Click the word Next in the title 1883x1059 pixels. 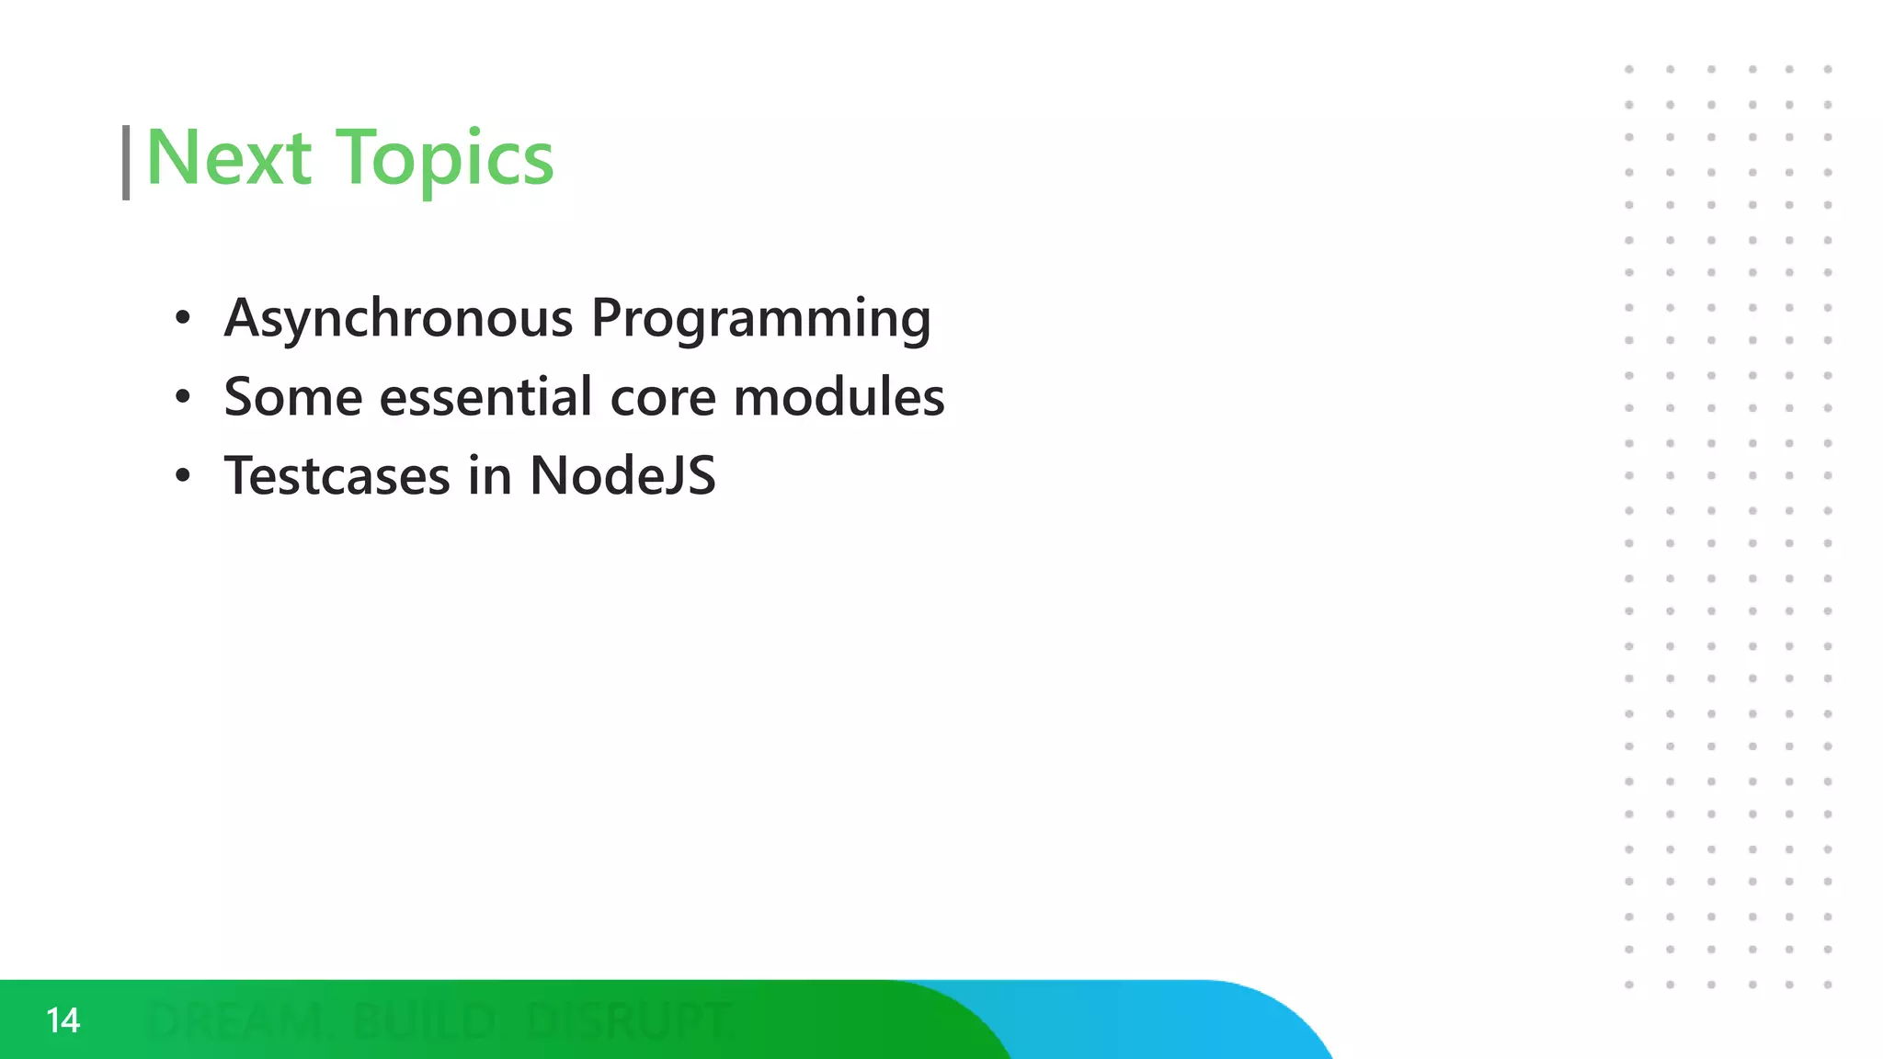[x=228, y=158]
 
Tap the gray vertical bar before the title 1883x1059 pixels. [x=126, y=163]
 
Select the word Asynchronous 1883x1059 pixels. [x=398, y=318]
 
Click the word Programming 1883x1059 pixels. [x=760, y=318]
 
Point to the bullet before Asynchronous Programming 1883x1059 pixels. [x=183, y=318]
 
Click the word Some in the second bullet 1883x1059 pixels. [x=293, y=397]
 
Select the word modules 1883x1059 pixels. [x=839, y=397]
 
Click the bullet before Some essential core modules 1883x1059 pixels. [x=183, y=397]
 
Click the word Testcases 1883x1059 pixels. [x=337, y=476]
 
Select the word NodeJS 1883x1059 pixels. [x=622, y=476]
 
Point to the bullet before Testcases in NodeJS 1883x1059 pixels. [x=183, y=476]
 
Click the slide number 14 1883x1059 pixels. [x=63, y=1020]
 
